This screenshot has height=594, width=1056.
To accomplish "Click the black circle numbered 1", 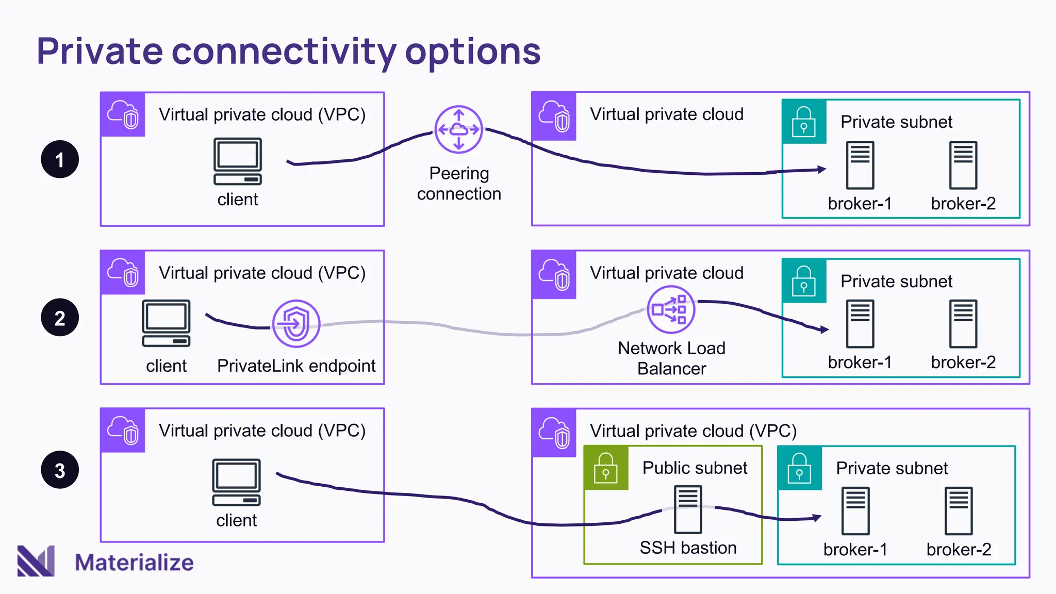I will point(60,159).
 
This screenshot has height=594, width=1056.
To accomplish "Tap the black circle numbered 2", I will point(60,318).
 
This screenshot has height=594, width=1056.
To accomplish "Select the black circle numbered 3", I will point(60,470).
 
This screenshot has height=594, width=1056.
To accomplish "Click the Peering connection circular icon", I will point(458,129).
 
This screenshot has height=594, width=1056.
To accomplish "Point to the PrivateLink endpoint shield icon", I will point(296,324).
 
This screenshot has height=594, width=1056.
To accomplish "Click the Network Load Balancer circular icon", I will point(671,310).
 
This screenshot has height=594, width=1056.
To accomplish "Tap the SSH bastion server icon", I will point(688,509).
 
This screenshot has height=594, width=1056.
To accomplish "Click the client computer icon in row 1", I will point(238,161).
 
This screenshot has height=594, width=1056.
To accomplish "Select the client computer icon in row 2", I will point(166,323).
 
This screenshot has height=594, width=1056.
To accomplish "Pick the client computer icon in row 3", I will point(236,482).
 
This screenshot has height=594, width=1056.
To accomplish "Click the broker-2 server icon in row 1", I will point(963,165).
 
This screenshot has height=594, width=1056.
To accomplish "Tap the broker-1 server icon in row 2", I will point(860,323).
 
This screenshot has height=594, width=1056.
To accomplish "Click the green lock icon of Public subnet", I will point(606,468).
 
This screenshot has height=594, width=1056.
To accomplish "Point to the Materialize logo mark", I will point(36,560).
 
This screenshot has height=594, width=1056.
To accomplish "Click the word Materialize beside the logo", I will point(134,563).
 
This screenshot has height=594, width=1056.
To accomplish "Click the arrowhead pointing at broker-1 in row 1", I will point(822,169).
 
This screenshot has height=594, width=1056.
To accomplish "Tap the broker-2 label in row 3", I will point(959,550).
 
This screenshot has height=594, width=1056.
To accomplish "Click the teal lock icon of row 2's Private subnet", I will point(804,281).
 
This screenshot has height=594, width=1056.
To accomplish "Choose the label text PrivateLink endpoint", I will point(296,366).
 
